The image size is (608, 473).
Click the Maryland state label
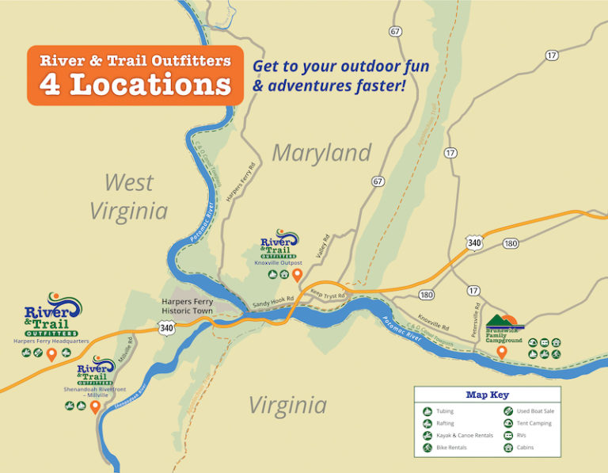click(x=321, y=153)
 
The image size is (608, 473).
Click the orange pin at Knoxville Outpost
click(x=298, y=275)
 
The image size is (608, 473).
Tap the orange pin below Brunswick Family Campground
click(x=501, y=352)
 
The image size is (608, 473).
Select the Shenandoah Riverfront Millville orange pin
click(x=95, y=407)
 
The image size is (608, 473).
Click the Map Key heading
click(x=487, y=395)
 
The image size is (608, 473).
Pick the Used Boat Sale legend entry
click(x=535, y=411)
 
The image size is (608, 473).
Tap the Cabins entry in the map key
click(x=525, y=448)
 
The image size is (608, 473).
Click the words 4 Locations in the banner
click(x=135, y=85)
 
